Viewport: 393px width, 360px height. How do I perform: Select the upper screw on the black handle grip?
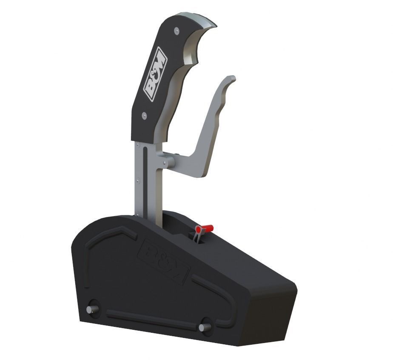click(176, 29)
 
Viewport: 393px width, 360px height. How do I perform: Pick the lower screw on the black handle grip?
click(145, 115)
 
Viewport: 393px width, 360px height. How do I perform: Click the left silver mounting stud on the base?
click(91, 309)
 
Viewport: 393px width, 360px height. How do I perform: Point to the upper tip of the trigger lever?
click(231, 80)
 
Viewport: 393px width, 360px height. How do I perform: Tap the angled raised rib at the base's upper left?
click(106, 238)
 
